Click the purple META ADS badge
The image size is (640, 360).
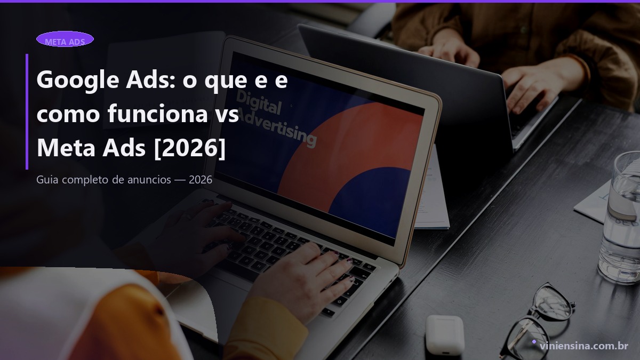[65, 39]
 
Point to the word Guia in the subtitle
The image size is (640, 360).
[47, 180]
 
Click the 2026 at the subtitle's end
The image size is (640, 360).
[200, 180]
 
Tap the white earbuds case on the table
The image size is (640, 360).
[445, 334]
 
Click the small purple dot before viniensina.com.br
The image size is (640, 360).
[534, 341]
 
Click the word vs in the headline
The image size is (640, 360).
[226, 115]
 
